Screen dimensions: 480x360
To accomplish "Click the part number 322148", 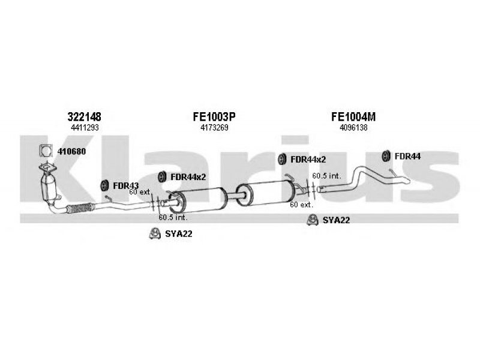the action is point(84,116).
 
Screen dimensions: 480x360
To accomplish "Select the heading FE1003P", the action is point(214,116).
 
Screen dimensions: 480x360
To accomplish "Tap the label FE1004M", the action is point(353,116).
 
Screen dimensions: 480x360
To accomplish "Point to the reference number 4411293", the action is point(85,128).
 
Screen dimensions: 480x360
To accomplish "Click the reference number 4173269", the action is point(214,128).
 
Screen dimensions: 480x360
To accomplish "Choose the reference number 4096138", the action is point(353,128).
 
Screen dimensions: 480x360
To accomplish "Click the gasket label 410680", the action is point(71,151).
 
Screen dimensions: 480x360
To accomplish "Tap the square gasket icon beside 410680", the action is point(46,151).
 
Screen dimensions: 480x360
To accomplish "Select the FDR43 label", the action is point(125,185).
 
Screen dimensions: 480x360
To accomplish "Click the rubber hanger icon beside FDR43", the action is point(104,185).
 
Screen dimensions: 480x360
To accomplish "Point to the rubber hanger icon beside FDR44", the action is point(386,156).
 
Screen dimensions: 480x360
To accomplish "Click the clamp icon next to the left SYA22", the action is point(155,233).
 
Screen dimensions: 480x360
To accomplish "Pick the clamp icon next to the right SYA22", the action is point(313,220).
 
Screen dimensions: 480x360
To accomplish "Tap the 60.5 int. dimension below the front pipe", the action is point(173,218).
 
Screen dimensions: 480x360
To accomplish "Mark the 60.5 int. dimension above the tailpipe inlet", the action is point(326,176).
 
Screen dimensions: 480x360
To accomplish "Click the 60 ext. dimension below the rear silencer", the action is point(301,205).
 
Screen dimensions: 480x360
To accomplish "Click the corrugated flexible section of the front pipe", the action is point(80,208).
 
